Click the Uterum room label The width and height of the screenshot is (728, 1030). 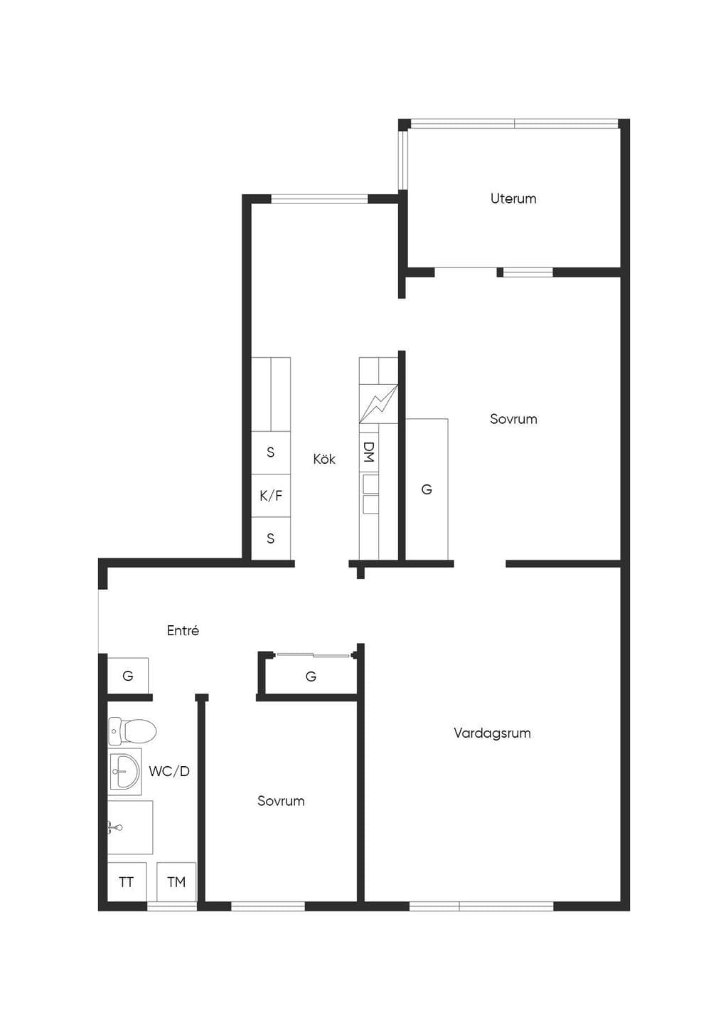(x=513, y=198)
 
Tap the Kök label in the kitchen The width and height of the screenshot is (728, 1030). (x=324, y=459)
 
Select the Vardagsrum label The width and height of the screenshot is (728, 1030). (x=492, y=733)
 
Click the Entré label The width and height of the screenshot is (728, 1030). (x=183, y=630)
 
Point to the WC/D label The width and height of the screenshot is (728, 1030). (x=169, y=772)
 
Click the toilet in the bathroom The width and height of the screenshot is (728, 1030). (x=132, y=731)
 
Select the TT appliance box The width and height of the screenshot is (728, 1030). (x=127, y=881)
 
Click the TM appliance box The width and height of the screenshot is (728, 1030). (x=176, y=881)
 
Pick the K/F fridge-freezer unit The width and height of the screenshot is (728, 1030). (x=271, y=496)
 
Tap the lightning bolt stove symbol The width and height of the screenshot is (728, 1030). (x=378, y=404)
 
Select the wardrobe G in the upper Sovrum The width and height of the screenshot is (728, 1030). (x=427, y=489)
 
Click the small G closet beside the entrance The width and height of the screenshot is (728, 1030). (x=128, y=676)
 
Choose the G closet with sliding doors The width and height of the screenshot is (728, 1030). (x=311, y=676)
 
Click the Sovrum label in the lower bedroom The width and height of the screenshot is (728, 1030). (x=281, y=801)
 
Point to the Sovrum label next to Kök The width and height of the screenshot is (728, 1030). (x=513, y=419)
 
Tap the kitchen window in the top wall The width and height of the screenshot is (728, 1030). (x=319, y=199)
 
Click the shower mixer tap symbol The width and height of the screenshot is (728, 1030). (x=115, y=828)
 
